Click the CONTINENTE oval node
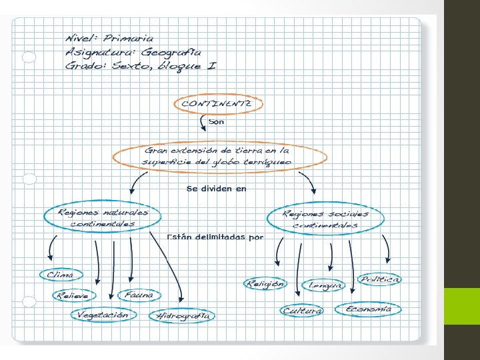pyautogui.click(x=219, y=104)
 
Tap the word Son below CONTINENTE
pyautogui.click(x=217, y=122)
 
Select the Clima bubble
pyautogui.click(x=61, y=275)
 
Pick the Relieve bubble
pyautogui.click(x=75, y=295)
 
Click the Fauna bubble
pyautogui.click(x=139, y=294)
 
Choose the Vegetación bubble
pyautogui.click(x=103, y=314)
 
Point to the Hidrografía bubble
pyautogui.click(x=183, y=316)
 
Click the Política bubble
pyautogui.click(x=380, y=279)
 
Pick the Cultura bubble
pyautogui.click(x=302, y=311)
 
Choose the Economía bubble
pyautogui.click(x=368, y=309)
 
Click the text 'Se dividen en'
pyautogui.click(x=217, y=189)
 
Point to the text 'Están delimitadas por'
pyautogui.click(x=215, y=237)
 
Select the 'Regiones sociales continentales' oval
pyautogui.click(x=325, y=219)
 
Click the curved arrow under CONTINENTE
pyautogui.click(x=203, y=123)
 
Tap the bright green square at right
pyautogui.click(x=462, y=306)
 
